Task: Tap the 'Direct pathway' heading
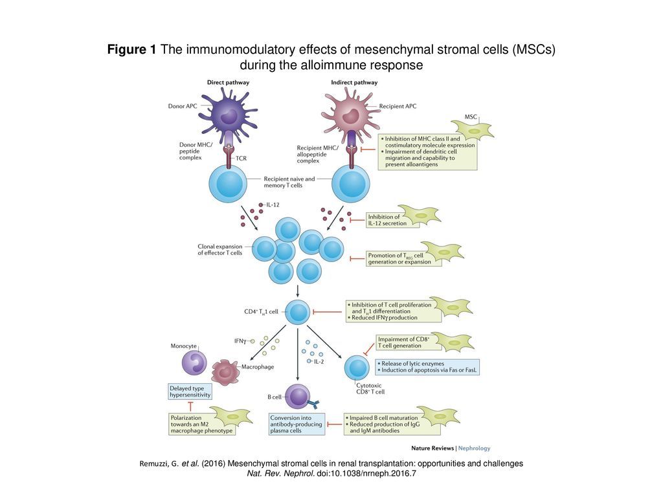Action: [228, 82]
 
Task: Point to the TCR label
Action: [241, 157]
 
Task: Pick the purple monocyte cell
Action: [193, 362]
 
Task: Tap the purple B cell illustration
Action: [298, 395]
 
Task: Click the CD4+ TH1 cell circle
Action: [298, 311]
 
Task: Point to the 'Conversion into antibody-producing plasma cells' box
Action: [296, 424]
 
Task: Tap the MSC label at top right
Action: [470, 116]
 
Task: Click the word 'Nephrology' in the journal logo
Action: [475, 448]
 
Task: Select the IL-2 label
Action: [318, 361]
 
